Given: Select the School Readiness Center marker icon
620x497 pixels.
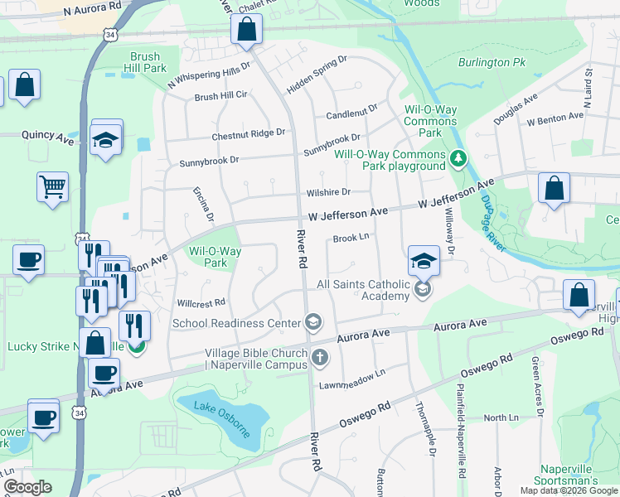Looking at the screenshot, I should (313, 322).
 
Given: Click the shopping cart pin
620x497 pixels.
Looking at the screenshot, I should (52, 187).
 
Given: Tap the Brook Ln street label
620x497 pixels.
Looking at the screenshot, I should (351, 238).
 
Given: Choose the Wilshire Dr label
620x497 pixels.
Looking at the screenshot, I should (329, 191).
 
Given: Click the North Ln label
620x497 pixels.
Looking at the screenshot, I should (501, 417).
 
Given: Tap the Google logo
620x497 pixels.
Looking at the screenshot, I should (28, 487).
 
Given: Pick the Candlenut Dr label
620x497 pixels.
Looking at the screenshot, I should (351, 109).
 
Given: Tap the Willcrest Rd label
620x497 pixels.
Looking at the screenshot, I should (196, 303).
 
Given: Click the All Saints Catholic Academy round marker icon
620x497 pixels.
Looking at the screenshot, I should (423, 289).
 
